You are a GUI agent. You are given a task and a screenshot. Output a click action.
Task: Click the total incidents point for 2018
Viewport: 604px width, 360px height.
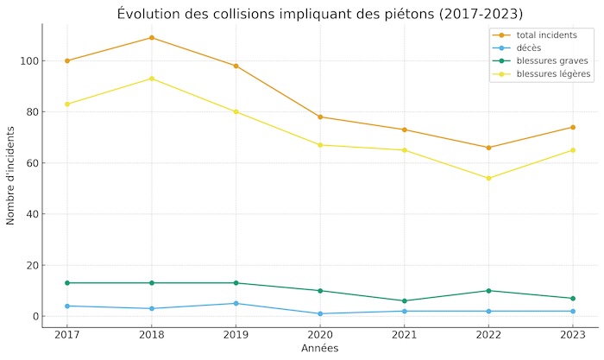pyautogui.click(x=152, y=38)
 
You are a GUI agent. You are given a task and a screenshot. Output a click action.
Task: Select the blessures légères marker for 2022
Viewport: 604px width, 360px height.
pyautogui.click(x=488, y=179)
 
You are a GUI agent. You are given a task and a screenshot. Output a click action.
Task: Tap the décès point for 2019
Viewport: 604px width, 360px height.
pyautogui.click(x=236, y=303)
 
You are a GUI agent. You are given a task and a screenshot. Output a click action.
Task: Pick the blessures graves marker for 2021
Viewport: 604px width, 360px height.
pyautogui.click(x=404, y=300)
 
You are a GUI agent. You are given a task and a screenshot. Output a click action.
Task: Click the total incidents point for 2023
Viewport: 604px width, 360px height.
pyautogui.click(x=572, y=127)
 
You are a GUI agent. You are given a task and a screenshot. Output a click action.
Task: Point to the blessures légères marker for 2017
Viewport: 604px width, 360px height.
pyautogui.click(x=67, y=104)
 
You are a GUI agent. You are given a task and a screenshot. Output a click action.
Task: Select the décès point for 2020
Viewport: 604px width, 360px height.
pyautogui.click(x=320, y=313)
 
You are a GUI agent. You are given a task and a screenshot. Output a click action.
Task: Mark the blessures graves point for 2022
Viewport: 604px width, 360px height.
pyautogui.click(x=488, y=291)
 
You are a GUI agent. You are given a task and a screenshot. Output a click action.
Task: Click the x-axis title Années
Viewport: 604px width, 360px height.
pyautogui.click(x=319, y=349)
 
